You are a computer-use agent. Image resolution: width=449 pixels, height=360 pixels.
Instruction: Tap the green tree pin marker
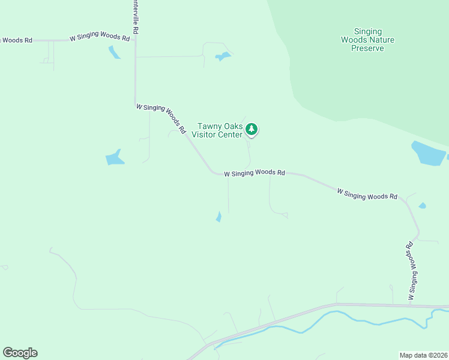(x=252, y=130)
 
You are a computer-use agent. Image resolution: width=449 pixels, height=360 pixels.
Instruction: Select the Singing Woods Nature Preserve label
(x=367, y=40)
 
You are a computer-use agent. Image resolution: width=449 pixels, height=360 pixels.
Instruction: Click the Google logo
(x=20, y=353)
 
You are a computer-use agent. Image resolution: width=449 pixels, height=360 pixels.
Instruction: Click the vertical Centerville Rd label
(x=136, y=17)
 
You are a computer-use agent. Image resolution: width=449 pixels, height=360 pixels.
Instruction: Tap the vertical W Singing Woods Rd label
(x=412, y=271)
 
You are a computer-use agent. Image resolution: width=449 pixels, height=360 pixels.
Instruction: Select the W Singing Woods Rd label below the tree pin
(x=254, y=173)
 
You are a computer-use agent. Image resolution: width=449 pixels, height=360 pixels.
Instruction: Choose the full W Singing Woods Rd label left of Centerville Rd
(x=100, y=38)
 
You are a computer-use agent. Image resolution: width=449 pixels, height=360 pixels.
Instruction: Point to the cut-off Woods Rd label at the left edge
(x=16, y=40)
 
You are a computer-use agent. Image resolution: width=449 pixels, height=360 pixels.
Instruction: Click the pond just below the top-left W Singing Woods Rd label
(x=114, y=52)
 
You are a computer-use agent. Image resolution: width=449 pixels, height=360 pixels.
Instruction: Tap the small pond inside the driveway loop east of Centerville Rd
(x=223, y=57)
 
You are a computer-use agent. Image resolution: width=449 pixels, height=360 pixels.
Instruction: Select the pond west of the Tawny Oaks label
(x=114, y=157)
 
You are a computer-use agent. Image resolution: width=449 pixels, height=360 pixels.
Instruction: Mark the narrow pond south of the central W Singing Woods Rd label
(x=218, y=217)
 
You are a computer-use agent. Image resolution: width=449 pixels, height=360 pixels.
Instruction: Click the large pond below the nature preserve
(x=428, y=153)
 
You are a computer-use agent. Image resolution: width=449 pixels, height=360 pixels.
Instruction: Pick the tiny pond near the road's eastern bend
(x=422, y=206)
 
